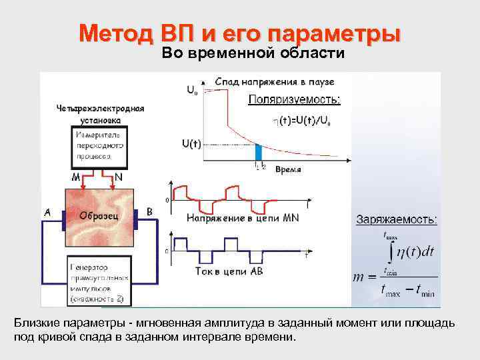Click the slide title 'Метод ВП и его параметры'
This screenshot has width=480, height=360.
tap(240, 34)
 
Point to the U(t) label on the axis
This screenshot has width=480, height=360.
tap(191, 143)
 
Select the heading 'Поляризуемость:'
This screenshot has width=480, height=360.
tap(294, 100)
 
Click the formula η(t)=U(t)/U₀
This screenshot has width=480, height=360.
tap(301, 121)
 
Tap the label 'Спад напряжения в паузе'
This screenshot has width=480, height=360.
tap(274, 81)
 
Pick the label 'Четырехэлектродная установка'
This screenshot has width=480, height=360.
tap(100, 113)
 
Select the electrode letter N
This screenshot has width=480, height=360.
tap(118, 177)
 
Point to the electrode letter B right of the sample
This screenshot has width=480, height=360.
tap(149, 213)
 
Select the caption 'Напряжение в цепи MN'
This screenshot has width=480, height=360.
tap(243, 218)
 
